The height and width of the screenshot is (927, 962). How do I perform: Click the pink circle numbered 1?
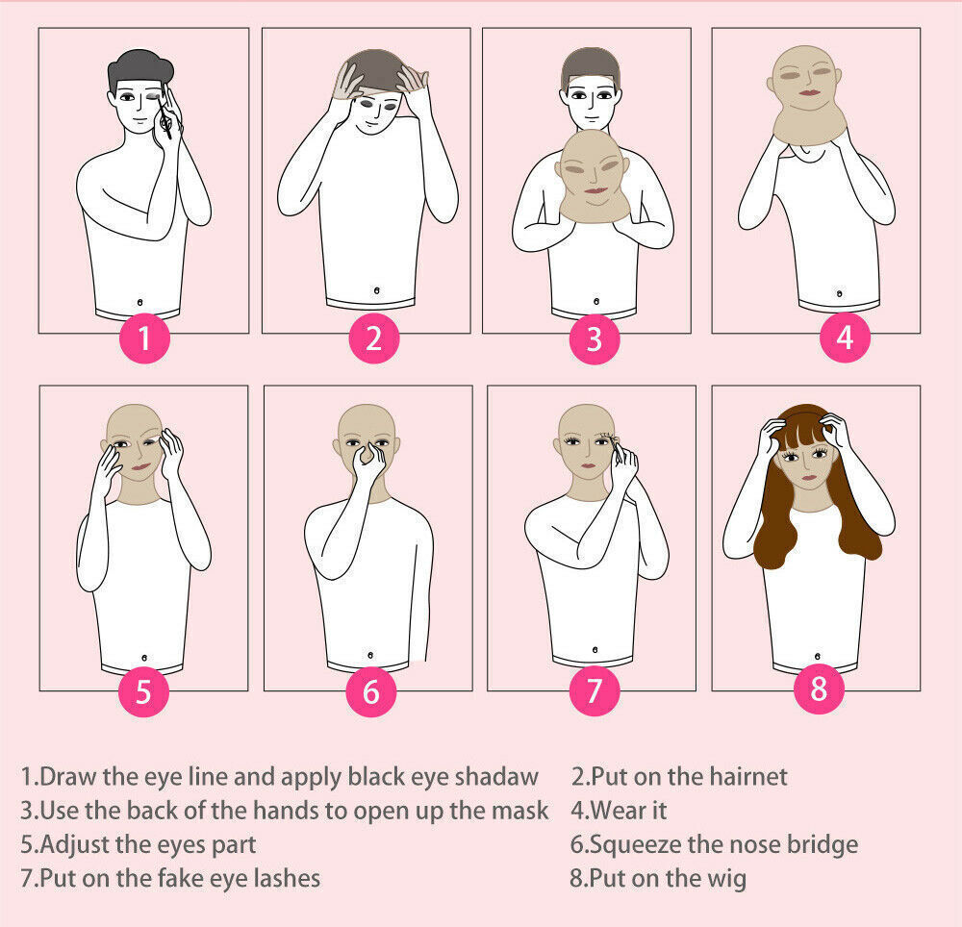(x=143, y=338)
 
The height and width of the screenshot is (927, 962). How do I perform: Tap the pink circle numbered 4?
(x=845, y=338)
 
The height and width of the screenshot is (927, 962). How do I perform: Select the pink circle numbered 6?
(x=371, y=692)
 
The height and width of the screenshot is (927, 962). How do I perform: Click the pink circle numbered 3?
(x=594, y=338)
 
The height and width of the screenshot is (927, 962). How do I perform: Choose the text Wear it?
(x=629, y=811)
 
